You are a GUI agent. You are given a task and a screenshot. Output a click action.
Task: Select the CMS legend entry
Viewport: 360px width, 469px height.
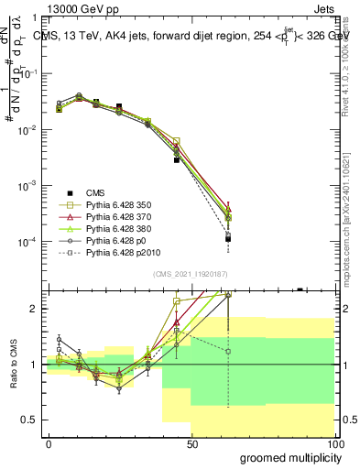click(x=95, y=192)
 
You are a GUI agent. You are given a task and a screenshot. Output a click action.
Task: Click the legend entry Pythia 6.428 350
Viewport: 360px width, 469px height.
click(x=121, y=207)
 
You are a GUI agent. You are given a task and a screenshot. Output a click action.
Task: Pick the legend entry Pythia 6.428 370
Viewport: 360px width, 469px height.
click(x=121, y=221)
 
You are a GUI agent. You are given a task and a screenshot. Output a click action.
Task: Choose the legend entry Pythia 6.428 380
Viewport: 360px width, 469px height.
click(x=121, y=235)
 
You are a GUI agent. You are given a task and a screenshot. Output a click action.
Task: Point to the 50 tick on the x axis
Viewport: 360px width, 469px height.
click(x=191, y=444)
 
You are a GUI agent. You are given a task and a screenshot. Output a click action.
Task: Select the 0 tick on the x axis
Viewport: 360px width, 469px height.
click(x=49, y=444)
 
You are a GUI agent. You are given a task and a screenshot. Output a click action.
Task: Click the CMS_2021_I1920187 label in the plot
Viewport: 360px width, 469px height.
click(x=191, y=273)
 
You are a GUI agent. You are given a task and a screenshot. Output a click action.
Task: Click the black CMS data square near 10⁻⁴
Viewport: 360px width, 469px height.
click(x=227, y=238)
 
